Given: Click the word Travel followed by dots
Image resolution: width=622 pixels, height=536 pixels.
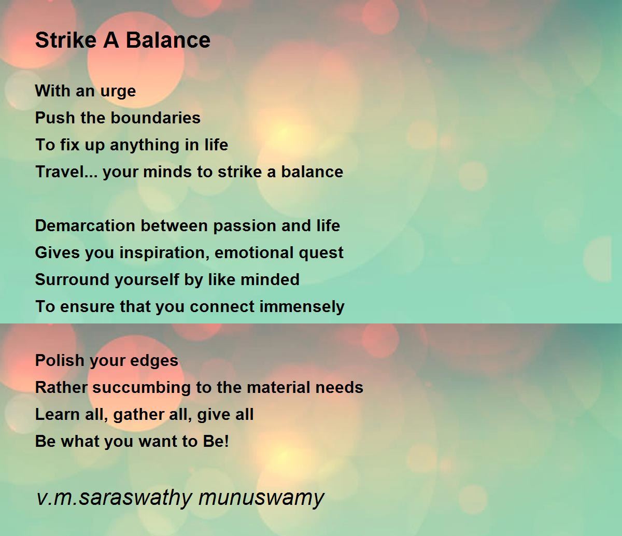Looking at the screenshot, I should coord(66,172).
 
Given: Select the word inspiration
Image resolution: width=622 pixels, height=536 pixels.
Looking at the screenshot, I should coord(164,253).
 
